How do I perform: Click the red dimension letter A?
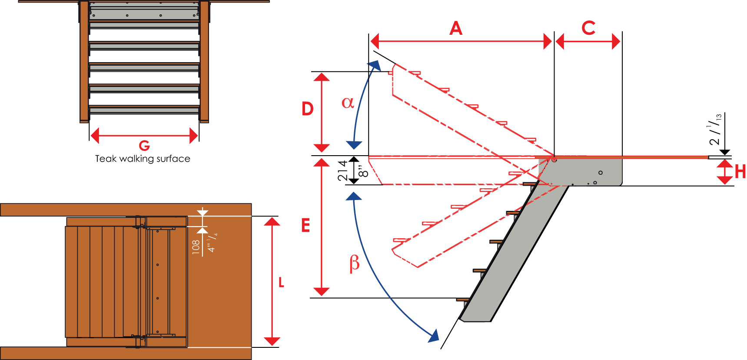(456, 28)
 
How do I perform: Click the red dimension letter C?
(588, 28)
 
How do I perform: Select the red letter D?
(308, 109)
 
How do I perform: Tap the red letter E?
(305, 226)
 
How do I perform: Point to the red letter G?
(144, 145)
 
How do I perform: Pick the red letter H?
(740, 172)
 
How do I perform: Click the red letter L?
(281, 283)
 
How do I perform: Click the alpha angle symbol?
(348, 103)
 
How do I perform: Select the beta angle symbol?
(355, 263)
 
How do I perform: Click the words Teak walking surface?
(143, 159)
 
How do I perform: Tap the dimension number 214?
(343, 170)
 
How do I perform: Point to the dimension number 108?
(196, 247)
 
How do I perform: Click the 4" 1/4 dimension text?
(212, 243)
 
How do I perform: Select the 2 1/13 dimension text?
(715, 130)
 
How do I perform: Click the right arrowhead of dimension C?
(616, 42)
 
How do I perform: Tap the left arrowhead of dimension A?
(375, 42)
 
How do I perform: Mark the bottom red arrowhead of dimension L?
(272, 341)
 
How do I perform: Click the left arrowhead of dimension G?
(95, 136)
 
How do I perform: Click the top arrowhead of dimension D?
(322, 77)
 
